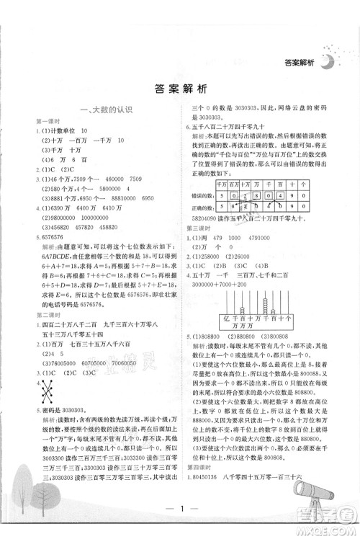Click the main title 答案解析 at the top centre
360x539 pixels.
click(x=180, y=90)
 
